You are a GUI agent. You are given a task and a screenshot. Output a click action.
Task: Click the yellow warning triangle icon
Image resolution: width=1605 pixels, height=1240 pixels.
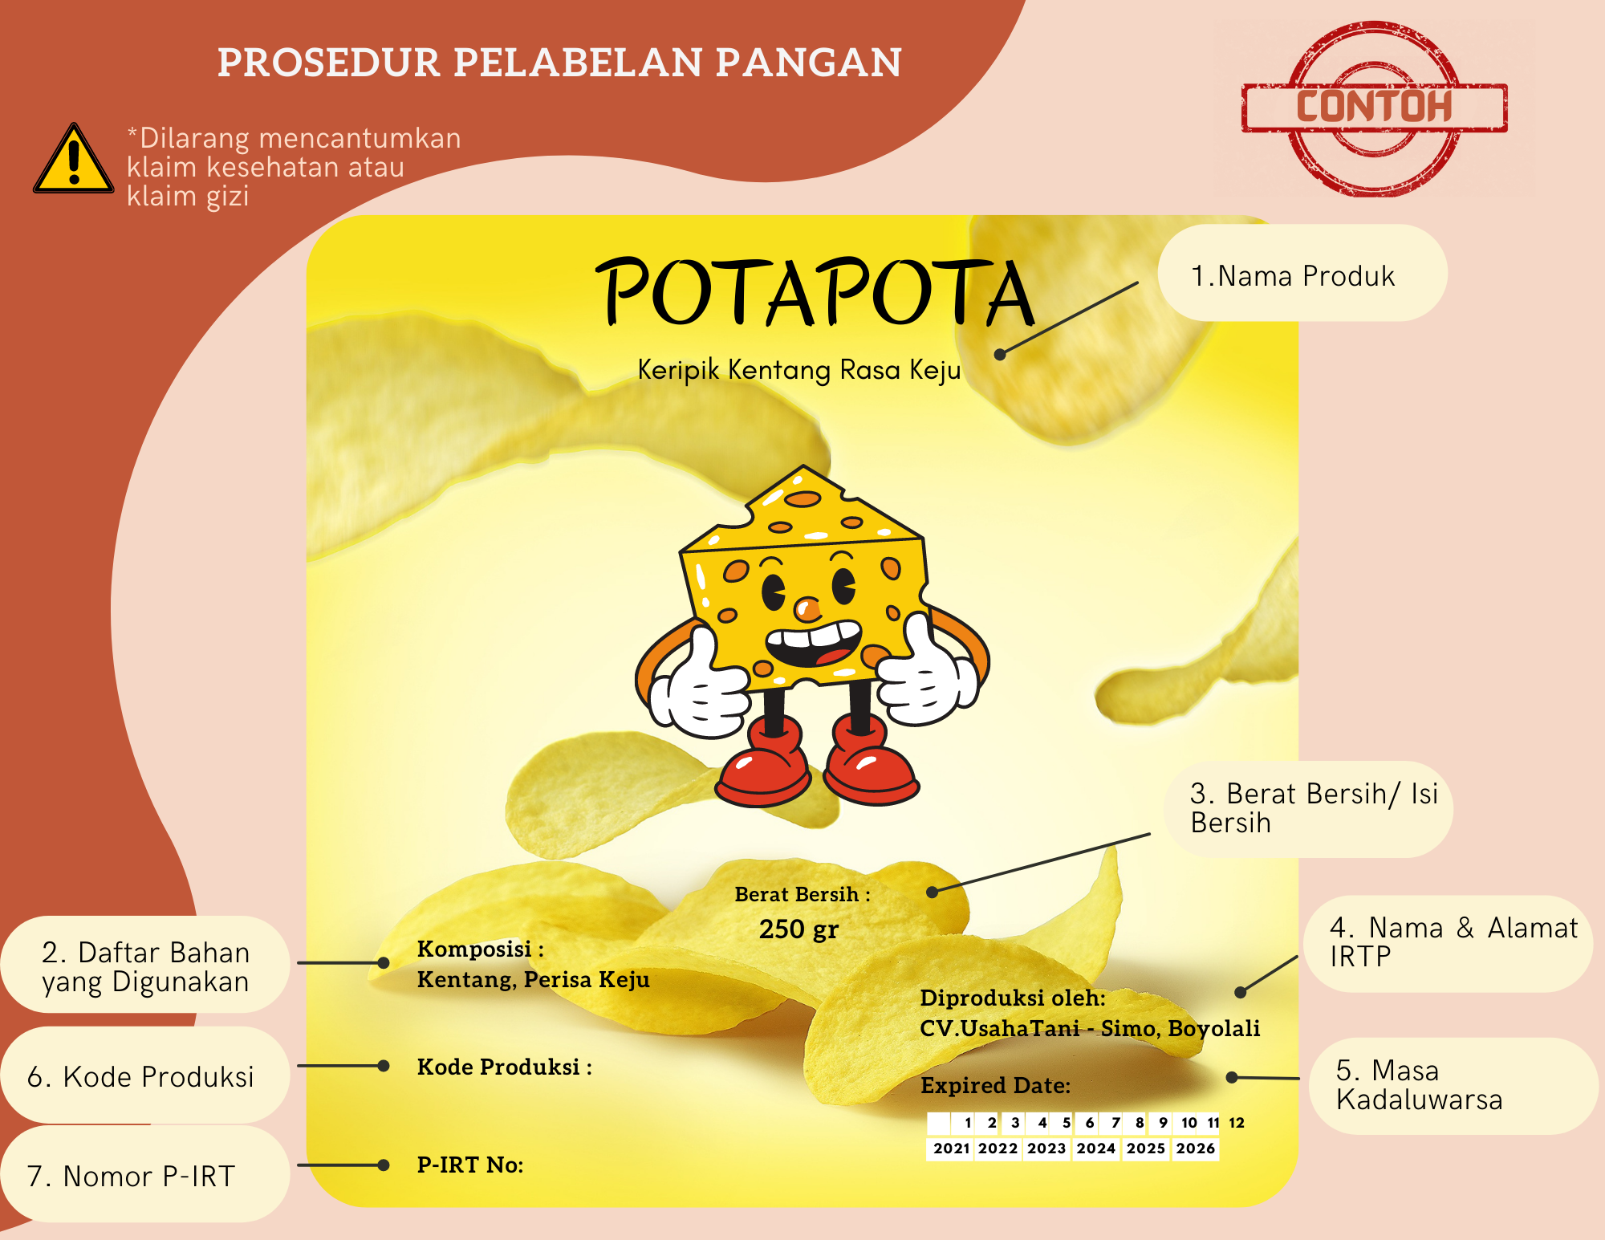[74, 159]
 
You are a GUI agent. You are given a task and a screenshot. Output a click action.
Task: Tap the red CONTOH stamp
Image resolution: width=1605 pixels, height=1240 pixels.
[1375, 108]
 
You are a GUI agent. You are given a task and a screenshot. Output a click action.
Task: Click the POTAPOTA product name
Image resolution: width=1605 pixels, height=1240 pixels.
[815, 293]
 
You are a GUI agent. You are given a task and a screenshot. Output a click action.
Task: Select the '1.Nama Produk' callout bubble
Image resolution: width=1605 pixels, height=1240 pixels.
[1302, 273]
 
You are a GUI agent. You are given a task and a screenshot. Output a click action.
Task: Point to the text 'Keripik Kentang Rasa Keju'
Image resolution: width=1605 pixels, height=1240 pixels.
[799, 370]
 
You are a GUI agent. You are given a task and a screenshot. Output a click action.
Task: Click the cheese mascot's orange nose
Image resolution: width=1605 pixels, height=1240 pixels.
[807, 609]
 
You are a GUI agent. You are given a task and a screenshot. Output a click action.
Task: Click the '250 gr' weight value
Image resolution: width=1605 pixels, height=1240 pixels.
[798, 929]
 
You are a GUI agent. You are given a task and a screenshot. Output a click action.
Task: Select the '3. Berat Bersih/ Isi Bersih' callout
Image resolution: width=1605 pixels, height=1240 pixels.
[1309, 809]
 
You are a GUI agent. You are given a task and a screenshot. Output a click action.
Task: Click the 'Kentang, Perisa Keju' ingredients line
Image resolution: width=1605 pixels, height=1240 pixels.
[534, 980]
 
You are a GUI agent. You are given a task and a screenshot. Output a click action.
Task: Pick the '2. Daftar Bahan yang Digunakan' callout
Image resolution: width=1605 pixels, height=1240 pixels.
[145, 965]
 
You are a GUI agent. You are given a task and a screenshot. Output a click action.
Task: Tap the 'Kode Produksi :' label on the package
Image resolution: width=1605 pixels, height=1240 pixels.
[505, 1067]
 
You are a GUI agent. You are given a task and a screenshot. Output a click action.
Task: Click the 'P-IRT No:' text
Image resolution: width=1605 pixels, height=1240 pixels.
[470, 1165]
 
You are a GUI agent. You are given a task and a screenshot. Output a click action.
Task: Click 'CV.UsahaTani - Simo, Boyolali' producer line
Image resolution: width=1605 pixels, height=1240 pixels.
[1090, 1029]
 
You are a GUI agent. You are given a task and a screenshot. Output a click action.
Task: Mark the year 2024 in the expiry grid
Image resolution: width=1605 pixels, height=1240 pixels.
[1096, 1149]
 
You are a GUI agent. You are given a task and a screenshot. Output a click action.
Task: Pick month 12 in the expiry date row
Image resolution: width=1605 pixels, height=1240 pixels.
[1237, 1123]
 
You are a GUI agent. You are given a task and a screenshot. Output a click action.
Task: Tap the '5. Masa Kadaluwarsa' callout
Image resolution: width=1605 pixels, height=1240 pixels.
[1453, 1086]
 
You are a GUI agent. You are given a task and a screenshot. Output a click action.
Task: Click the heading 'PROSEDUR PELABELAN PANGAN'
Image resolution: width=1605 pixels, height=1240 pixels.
[560, 63]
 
